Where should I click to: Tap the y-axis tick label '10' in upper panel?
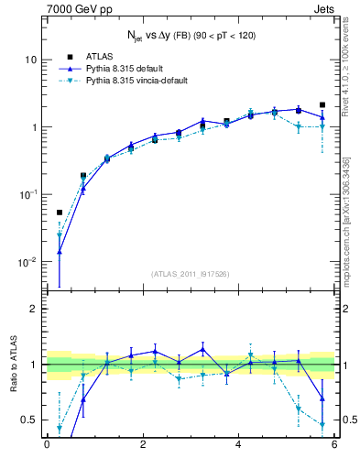pyautogui.click(x=31, y=60)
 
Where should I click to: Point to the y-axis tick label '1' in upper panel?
pyautogui.click(x=34, y=126)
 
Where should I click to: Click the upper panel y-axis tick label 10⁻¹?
pyautogui.click(x=29, y=194)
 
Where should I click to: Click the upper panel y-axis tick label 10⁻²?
pyautogui.click(x=29, y=262)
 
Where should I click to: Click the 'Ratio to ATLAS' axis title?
pyautogui.click(x=12, y=365)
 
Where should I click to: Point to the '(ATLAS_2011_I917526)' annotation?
pyautogui.click(x=191, y=273)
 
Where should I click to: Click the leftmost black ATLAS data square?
pyautogui.click(x=60, y=213)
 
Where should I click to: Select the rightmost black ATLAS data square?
pyautogui.click(x=322, y=105)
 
